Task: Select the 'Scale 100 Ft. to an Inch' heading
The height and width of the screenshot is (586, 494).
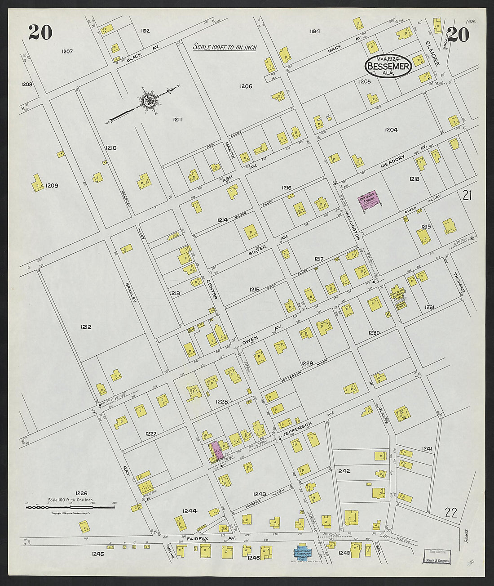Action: click(x=225, y=47)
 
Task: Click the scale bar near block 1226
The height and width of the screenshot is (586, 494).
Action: click(x=70, y=507)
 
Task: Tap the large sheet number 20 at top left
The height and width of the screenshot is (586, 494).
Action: click(x=40, y=32)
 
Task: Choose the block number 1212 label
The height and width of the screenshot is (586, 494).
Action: click(x=86, y=327)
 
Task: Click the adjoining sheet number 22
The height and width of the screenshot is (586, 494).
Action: click(x=451, y=512)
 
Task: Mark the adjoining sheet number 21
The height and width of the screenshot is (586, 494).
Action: click(x=468, y=195)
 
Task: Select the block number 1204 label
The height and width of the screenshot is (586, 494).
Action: click(x=391, y=130)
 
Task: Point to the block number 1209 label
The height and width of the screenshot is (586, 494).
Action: click(x=52, y=185)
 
